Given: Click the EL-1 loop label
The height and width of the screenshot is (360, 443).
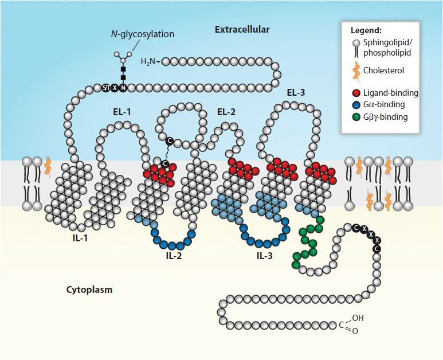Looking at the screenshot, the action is [x=120, y=112].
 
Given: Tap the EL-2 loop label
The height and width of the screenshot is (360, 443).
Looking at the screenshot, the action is [x=226, y=112].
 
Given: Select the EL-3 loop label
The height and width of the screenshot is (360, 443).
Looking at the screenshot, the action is [x=296, y=92].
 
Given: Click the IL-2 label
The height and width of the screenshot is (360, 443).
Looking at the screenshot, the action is [x=174, y=256].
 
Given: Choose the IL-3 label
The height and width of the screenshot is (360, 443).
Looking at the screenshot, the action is [x=264, y=256].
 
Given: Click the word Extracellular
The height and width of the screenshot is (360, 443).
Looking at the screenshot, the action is [x=242, y=29].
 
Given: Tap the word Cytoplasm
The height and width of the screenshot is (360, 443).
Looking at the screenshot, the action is [x=89, y=290].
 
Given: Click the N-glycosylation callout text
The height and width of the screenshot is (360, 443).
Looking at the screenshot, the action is [x=142, y=34].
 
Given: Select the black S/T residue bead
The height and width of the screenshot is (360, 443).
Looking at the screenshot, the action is [x=106, y=88].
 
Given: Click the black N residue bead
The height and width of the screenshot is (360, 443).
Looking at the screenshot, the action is [x=123, y=88].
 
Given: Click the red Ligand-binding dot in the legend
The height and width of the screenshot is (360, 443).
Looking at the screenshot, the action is [x=356, y=93].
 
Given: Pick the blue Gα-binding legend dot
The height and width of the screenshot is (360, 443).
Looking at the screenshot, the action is [x=356, y=105].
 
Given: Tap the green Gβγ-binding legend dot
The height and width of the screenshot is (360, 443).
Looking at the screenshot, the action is [x=356, y=117].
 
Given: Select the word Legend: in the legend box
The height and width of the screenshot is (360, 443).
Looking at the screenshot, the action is [x=366, y=30].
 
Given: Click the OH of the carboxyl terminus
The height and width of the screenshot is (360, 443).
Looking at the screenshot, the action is [x=358, y=318].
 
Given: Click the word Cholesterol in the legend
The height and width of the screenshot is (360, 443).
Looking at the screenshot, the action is [x=383, y=71].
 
